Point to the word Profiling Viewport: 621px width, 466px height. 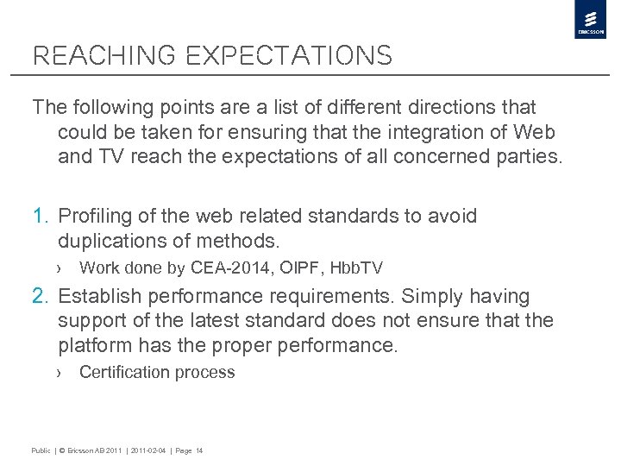point(95,216)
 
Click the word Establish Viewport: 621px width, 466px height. point(99,297)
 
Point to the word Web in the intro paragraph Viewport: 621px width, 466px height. point(536,132)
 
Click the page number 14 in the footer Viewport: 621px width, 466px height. point(199,450)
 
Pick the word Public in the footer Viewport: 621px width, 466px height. point(41,450)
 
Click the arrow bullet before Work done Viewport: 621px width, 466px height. point(60,268)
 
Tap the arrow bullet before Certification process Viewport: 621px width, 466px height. point(60,373)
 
